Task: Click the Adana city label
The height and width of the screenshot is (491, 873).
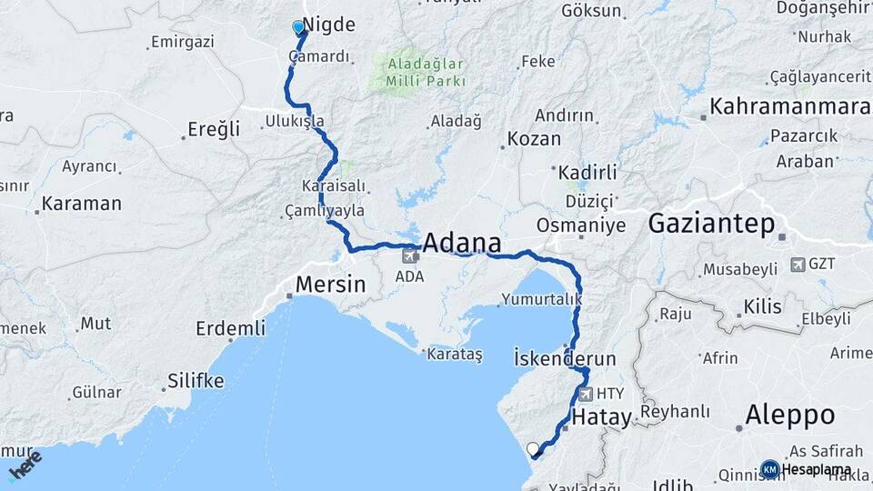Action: click(x=463, y=244)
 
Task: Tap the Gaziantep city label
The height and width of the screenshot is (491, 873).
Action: click(x=711, y=224)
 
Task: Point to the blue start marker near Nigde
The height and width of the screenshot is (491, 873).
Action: click(x=298, y=28)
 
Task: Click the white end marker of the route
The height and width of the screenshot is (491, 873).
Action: click(x=533, y=448)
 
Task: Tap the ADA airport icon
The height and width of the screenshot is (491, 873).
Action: click(x=410, y=256)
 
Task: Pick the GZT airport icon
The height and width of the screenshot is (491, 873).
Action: click(x=798, y=265)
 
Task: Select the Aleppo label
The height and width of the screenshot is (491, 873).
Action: click(x=789, y=416)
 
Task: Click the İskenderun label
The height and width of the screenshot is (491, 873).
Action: click(x=565, y=357)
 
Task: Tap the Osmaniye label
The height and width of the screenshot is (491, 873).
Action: click(x=581, y=225)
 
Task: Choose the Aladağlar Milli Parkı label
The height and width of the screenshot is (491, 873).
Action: click(x=426, y=73)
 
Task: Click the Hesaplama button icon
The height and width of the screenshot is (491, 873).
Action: click(x=769, y=469)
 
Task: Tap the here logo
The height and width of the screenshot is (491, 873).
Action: click(x=25, y=465)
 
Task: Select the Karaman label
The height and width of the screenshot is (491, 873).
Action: click(x=82, y=204)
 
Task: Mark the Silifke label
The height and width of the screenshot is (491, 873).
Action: click(x=196, y=381)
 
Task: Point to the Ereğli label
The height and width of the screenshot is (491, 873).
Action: click(x=215, y=129)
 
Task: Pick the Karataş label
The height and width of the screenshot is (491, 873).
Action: click(x=455, y=354)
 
